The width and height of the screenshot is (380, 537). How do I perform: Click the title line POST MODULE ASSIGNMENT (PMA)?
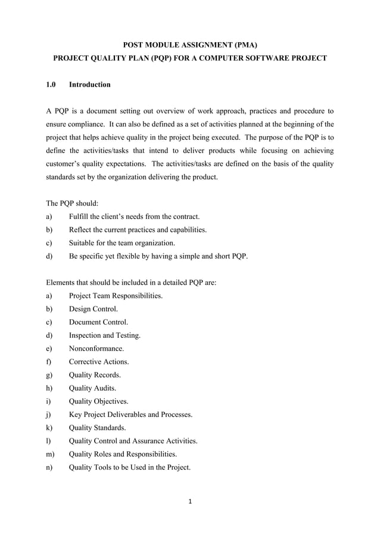[190, 44]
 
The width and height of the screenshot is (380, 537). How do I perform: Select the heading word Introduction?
[89, 84]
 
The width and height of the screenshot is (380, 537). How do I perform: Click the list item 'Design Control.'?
[93, 309]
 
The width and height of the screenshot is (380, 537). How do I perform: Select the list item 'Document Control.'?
[98, 322]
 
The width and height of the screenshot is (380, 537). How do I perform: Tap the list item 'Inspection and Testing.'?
[105, 335]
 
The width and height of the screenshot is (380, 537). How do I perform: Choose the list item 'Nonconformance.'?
[96, 348]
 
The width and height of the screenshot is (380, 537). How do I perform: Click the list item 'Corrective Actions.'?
[99, 362]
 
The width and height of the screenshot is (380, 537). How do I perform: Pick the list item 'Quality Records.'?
[95, 375]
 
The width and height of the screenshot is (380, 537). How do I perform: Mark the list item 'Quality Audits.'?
[92, 388]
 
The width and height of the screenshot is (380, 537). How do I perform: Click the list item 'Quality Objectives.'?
[98, 401]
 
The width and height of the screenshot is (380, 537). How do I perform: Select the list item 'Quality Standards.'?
[97, 428]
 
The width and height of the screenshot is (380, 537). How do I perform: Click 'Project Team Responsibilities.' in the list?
[116, 296]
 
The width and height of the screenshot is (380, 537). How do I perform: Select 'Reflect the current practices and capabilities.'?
[138, 230]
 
